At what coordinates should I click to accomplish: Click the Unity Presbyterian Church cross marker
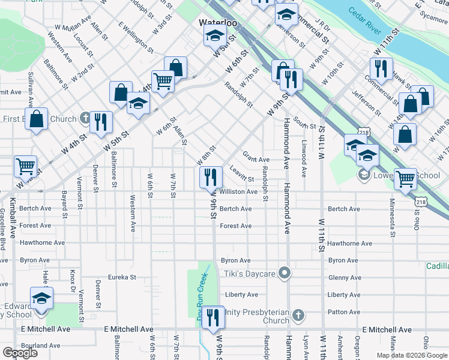coord(300,316)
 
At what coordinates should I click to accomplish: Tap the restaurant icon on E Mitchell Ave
coord(212,317)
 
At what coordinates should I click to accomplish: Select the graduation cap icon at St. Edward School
coord(41,298)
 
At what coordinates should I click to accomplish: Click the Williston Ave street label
coord(239,192)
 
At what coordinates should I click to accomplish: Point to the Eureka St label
coord(122,277)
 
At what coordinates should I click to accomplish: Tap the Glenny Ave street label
coord(344,277)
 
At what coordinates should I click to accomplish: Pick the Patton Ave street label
coord(344,312)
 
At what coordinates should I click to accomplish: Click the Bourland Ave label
coord(40,346)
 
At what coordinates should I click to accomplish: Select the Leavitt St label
coord(242,175)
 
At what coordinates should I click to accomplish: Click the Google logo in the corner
coord(20,352)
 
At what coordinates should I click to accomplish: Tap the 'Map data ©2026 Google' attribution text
coord(411,355)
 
